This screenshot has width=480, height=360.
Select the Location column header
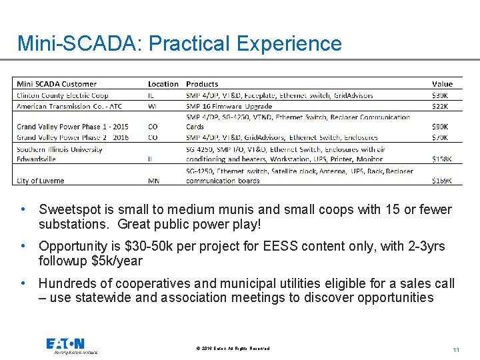[163, 84]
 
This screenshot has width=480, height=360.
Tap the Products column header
[202, 84]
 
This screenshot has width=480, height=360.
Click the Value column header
[442, 84]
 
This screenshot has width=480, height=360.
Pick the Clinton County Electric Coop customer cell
[63, 95]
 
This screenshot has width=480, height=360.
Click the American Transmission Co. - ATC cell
[69, 106]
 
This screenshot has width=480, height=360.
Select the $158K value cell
[441, 159]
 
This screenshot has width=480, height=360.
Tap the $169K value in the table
[441, 181]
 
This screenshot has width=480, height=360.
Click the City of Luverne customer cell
[41, 181]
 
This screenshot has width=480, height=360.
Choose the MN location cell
[154, 181]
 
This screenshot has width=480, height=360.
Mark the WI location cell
[153, 106]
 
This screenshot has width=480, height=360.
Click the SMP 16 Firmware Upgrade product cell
[229, 106]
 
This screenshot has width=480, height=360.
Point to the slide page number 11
[456, 350]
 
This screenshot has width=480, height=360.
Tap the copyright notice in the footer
[233, 349]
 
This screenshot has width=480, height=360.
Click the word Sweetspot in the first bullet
[70, 210]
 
